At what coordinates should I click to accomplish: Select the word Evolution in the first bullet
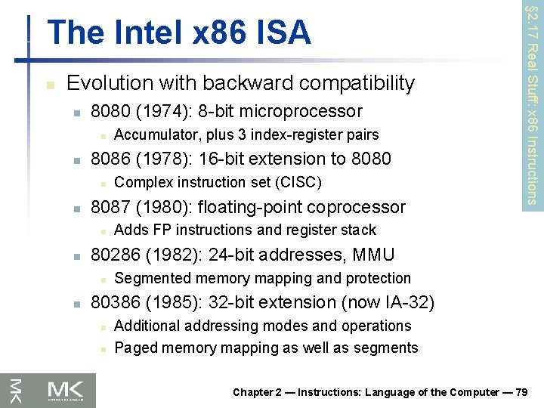click(x=107, y=83)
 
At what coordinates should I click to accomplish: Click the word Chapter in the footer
click(x=252, y=392)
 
